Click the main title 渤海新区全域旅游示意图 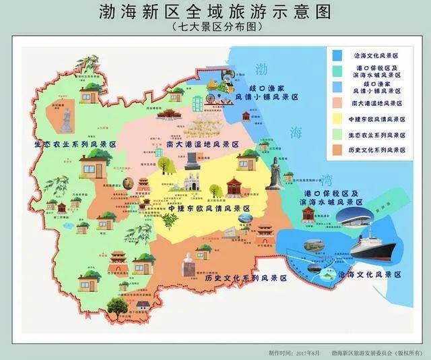tap(215, 13)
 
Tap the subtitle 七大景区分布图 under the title tap(215, 28)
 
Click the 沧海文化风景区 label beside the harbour tap(370, 275)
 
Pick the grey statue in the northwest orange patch tap(67, 121)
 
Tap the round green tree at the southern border tap(116, 307)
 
